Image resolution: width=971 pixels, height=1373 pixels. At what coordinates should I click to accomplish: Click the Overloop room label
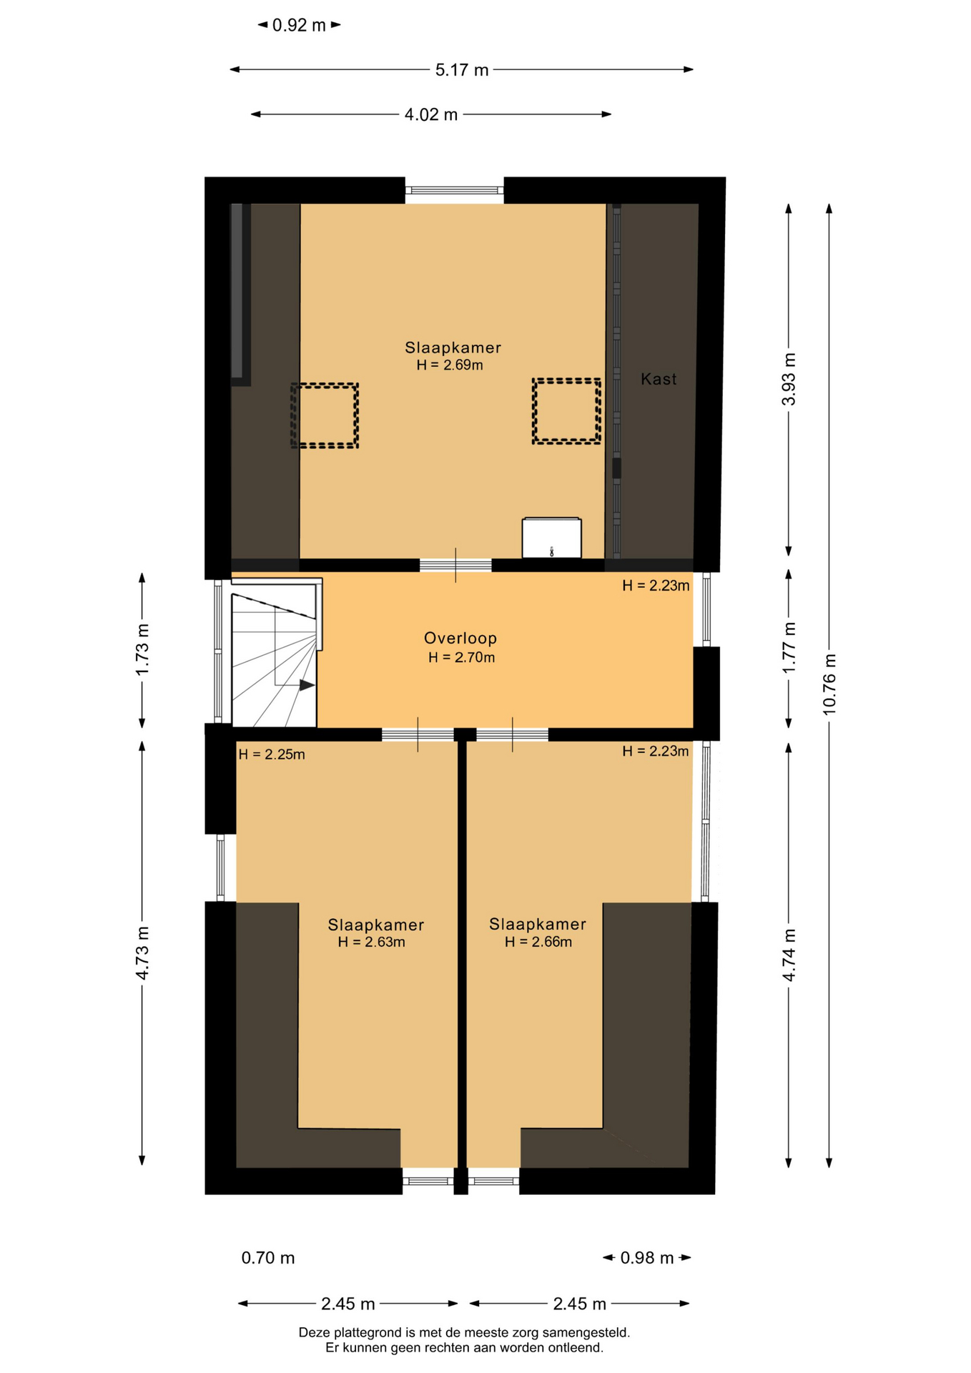click(460, 638)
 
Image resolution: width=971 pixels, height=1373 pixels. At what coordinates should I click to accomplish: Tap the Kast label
click(659, 379)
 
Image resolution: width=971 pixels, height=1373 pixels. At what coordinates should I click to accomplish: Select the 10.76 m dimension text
click(829, 684)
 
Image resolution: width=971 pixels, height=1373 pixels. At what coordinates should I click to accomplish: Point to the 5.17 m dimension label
click(462, 70)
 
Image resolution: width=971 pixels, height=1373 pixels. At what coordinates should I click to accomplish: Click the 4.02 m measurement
click(431, 114)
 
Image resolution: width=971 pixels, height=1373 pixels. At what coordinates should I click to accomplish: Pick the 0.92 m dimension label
click(299, 26)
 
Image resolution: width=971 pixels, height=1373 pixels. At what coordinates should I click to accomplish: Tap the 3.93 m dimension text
click(789, 379)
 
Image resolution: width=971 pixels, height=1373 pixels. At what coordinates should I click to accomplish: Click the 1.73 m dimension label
click(142, 649)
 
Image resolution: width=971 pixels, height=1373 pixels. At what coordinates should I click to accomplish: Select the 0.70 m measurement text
click(268, 1258)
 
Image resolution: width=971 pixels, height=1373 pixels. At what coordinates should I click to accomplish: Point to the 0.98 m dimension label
click(647, 1258)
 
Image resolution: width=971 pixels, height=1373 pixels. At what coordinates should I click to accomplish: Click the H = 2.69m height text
click(450, 365)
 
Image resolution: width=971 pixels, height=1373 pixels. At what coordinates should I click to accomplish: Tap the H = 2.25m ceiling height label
click(272, 754)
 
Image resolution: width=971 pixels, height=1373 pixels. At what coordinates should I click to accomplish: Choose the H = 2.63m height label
click(372, 943)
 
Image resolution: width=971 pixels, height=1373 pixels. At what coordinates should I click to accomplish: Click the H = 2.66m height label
click(538, 943)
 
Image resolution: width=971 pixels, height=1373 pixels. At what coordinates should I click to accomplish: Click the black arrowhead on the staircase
click(307, 685)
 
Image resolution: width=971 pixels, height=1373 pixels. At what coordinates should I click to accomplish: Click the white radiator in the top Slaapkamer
click(551, 538)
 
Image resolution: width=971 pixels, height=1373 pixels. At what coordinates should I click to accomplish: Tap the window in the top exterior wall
click(455, 190)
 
